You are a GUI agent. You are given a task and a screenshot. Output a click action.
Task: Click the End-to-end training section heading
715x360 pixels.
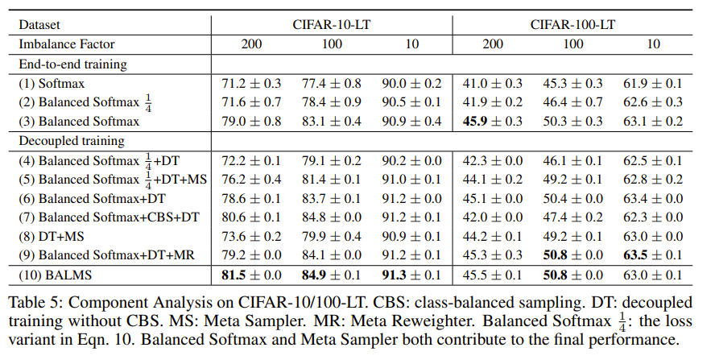tap(76, 63)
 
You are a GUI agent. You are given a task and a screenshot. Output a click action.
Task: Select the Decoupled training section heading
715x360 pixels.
tap(71, 141)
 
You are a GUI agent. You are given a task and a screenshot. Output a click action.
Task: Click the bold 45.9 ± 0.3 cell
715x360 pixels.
tap(493, 122)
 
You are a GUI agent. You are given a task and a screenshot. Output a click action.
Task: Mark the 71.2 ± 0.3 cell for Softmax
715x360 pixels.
tap(251, 83)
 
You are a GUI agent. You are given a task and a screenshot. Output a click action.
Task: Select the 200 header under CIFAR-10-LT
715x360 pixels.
tap(251, 43)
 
